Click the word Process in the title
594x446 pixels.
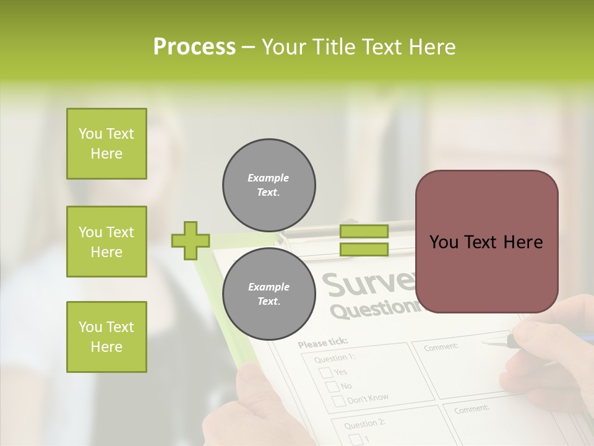tap(194, 47)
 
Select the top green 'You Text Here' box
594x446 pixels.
tap(106, 144)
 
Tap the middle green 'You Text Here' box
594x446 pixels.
tap(106, 242)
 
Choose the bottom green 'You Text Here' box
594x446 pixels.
tap(106, 337)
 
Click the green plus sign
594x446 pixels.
tap(191, 240)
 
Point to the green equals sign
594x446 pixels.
tap(364, 240)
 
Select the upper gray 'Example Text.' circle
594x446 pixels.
tap(269, 185)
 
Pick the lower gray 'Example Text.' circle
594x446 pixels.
tap(269, 294)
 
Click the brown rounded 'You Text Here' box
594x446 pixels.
tap(486, 242)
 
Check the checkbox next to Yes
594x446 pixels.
tap(325, 372)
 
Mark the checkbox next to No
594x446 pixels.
tap(332, 387)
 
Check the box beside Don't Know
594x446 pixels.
tap(339, 401)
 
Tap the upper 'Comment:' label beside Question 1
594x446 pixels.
tap(441, 347)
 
